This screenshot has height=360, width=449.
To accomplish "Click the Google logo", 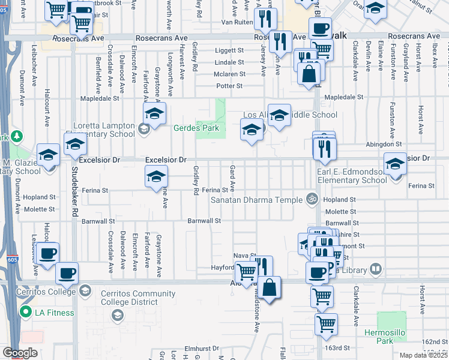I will pyautogui.click(x=20, y=353).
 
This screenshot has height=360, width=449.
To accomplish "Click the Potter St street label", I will pyautogui.click(x=230, y=86).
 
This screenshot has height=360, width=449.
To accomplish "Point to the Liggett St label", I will pyautogui.click(x=229, y=50).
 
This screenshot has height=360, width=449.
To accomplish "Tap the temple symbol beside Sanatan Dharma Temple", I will pyautogui.click(x=312, y=199).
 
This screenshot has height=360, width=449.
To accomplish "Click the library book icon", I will pyautogui.click(x=376, y=268).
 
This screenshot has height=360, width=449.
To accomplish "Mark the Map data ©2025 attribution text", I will pyautogui.click(x=424, y=355).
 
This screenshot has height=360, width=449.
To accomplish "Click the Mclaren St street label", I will pyautogui.click(x=229, y=74).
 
